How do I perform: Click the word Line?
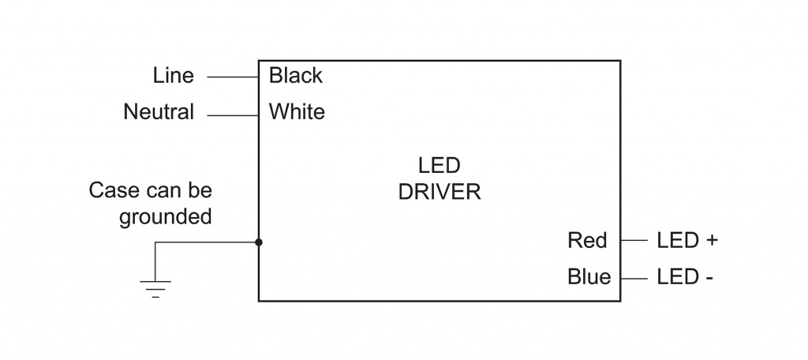point(173,76)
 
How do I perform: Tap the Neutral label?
point(159,112)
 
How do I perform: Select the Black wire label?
point(296,76)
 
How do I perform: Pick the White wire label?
point(297,112)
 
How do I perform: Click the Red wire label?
point(587,240)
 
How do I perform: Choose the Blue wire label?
point(589,277)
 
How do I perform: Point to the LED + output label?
point(687,240)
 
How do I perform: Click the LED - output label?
point(685,277)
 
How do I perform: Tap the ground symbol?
point(155,289)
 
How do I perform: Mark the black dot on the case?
point(259,242)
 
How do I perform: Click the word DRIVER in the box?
point(440,192)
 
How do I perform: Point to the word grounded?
point(166,216)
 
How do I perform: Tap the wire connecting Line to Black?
point(233,77)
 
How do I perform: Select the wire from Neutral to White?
point(233,115)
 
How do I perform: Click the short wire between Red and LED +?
point(634,240)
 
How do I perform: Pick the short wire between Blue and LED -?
point(634,279)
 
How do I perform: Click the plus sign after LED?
point(713,241)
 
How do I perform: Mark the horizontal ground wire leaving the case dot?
point(207,242)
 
